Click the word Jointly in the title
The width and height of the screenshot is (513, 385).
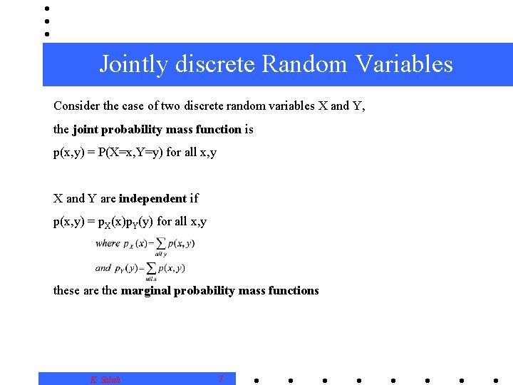pyautogui.click(x=135, y=65)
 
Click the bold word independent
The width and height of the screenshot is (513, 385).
pyautogui.click(x=152, y=198)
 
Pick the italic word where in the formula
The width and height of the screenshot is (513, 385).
pyautogui.click(x=108, y=243)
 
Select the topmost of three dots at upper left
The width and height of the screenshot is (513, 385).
pyautogui.click(x=46, y=9)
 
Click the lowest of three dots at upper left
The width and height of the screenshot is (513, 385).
pyautogui.click(x=46, y=34)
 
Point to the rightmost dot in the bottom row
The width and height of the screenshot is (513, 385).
pyautogui.click(x=495, y=380)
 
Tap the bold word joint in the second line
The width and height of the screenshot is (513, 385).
pyautogui.click(x=85, y=129)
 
